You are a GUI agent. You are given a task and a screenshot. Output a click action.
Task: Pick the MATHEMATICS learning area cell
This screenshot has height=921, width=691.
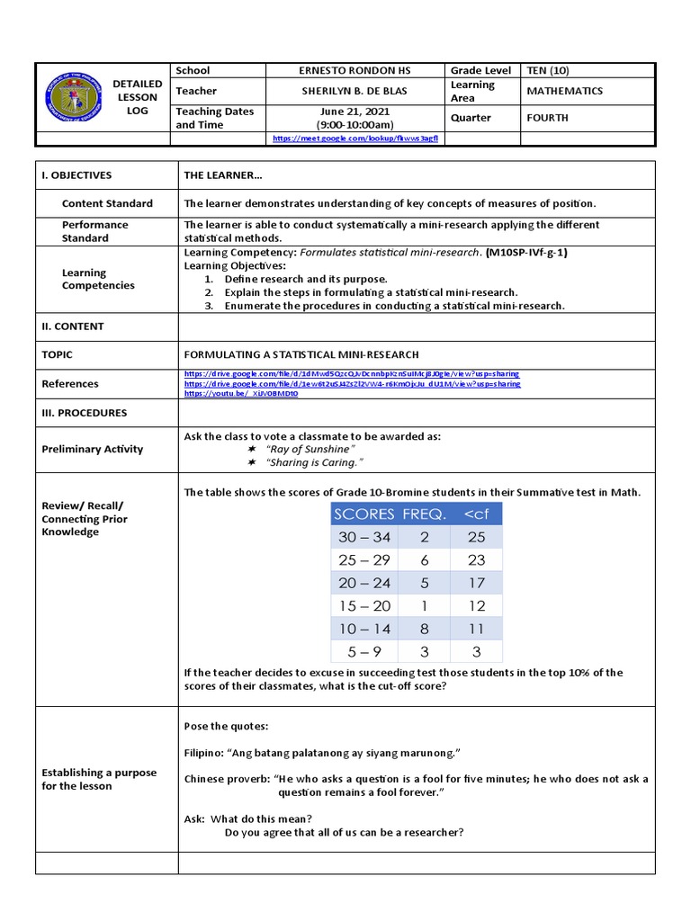[x=564, y=91]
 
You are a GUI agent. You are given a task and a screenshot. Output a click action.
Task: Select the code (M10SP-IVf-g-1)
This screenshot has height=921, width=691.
[x=526, y=253]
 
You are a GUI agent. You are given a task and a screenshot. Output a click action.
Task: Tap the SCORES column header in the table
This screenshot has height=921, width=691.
[x=363, y=514]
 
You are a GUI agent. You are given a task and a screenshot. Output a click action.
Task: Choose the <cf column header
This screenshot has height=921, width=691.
[x=476, y=514]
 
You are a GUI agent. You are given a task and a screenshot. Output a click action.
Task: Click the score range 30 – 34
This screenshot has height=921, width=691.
[x=363, y=537]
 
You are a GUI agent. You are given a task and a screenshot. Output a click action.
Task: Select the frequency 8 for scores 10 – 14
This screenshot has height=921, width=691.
[x=425, y=629]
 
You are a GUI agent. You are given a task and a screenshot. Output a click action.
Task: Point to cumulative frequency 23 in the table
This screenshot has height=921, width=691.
[x=476, y=559]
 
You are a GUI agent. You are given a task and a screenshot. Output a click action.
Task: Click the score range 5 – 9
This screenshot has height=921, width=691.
[x=363, y=651]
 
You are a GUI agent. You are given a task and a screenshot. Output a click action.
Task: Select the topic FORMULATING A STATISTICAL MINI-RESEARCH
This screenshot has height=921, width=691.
[x=301, y=355]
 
